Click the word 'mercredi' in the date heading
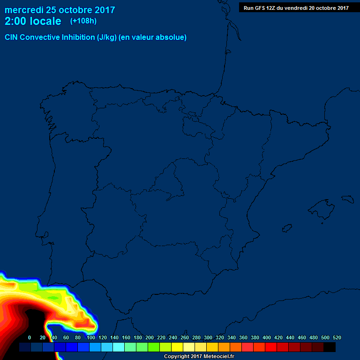pyautogui.click(x=24, y=10)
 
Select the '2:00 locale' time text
pyautogui.click(x=33, y=21)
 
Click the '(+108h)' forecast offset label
pyautogui.click(x=83, y=21)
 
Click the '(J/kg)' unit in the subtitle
pyautogui.click(x=107, y=37)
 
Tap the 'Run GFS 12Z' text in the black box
pyautogui.click(x=261, y=8)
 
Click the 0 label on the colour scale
pyautogui.click(x=30, y=337)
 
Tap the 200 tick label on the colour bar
pyautogui.click(x=150, y=337)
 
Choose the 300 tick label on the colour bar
pyautogui.click(x=208, y=337)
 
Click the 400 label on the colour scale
pyautogui.click(x=267, y=337)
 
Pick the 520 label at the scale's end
pyautogui.click(x=337, y=337)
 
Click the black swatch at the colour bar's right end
pyautogui.click(x=330, y=347)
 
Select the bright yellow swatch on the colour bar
pyautogui.click(x=177, y=347)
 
